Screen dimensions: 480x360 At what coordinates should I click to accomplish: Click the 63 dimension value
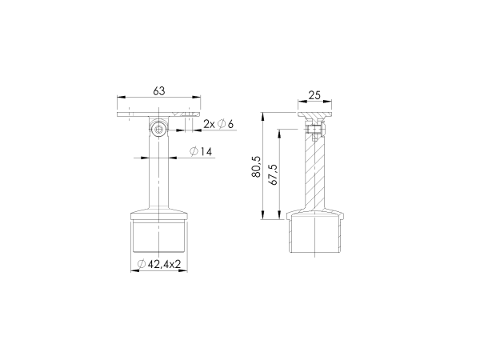point(159,91)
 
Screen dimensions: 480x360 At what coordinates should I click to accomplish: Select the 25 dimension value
point(314,95)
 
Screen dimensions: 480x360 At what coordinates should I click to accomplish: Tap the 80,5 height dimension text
point(256,166)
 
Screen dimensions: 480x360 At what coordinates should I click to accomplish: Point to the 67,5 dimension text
point(273,174)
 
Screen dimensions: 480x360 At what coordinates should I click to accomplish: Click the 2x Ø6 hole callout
point(218,124)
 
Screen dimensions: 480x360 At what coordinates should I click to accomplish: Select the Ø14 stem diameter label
point(201,151)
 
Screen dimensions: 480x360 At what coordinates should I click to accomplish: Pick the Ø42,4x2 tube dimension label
point(159,264)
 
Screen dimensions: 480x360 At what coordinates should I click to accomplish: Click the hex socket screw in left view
point(159,130)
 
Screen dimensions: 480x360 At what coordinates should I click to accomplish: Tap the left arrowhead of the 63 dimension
point(122,98)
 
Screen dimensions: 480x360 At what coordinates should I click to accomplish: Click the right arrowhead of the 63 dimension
point(197,98)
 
